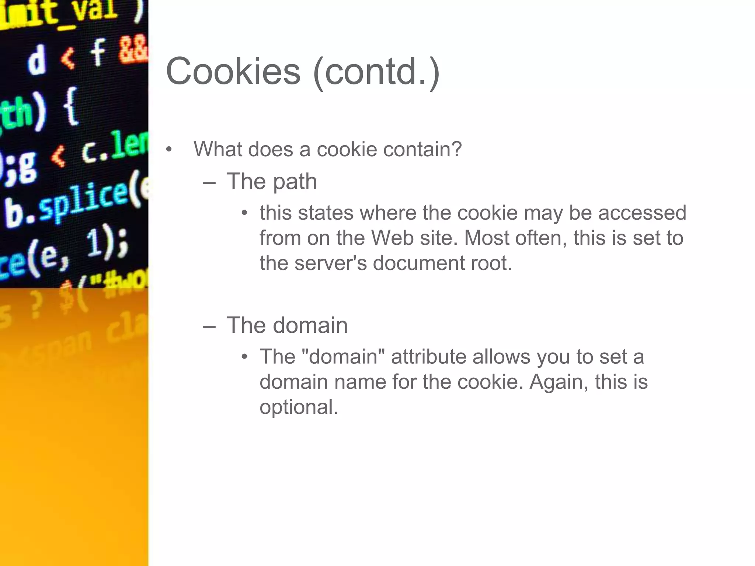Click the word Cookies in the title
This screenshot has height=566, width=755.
[233, 71]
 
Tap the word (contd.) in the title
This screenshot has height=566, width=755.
[376, 72]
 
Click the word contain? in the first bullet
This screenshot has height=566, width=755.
[422, 149]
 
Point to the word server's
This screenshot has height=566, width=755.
[330, 263]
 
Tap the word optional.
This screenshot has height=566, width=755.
[299, 407]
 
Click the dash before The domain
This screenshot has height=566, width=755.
[209, 326]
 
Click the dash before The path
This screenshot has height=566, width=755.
[209, 182]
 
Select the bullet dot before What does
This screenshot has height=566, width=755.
[169, 150]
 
